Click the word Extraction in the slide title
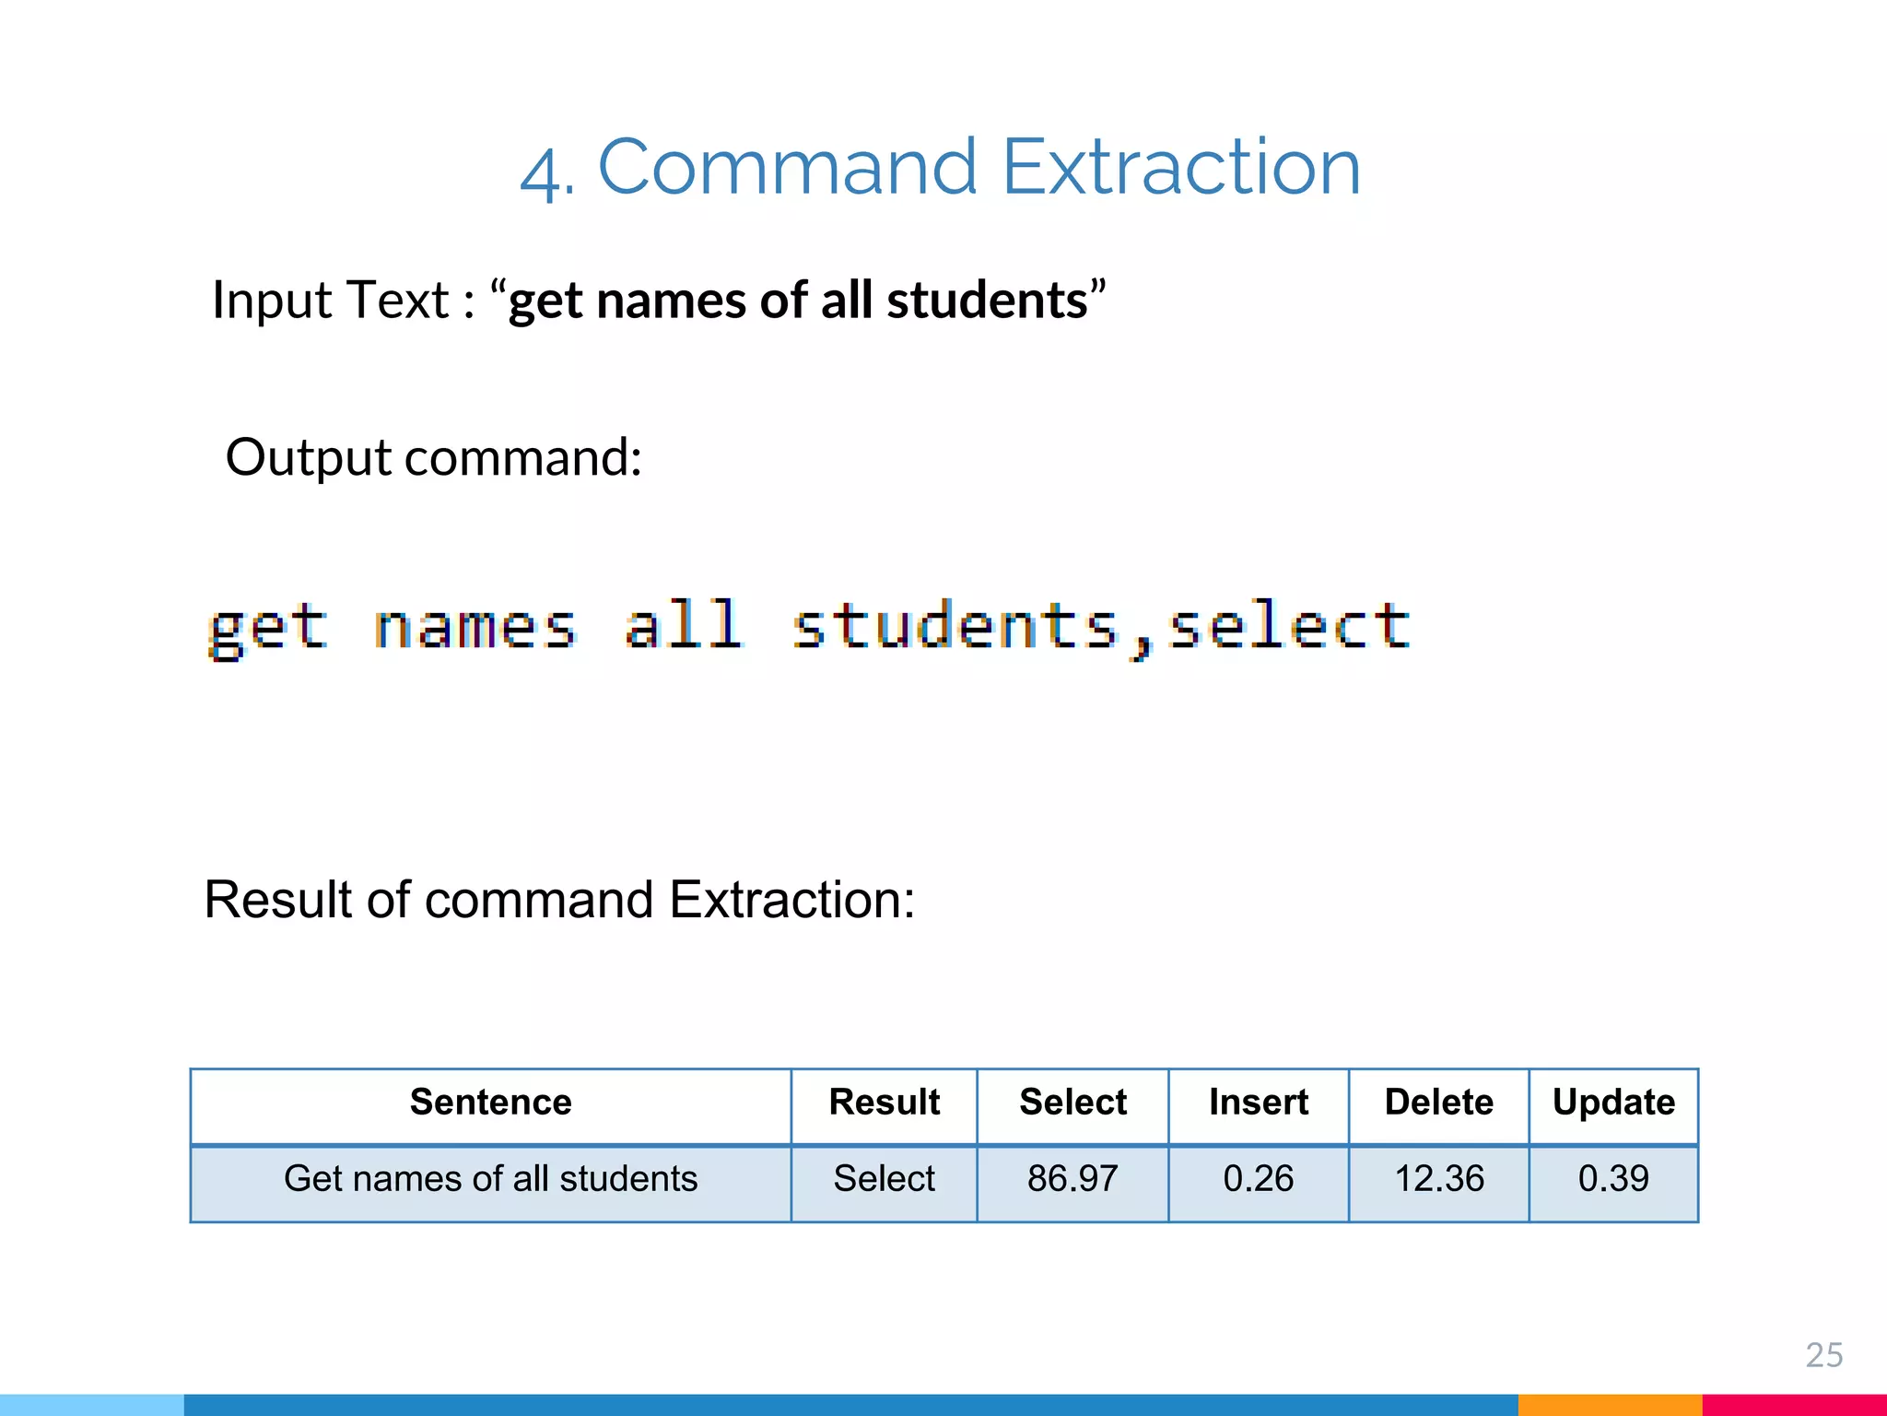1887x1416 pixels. pos(1180,167)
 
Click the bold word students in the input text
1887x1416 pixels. pos(987,301)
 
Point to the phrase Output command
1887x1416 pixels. pos(433,458)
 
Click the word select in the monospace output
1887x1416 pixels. pos(1288,627)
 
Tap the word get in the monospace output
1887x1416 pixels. pos(268,629)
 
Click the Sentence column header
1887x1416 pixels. pos(490,1103)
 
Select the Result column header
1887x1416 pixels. pos(884,1103)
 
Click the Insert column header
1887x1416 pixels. pos(1258,1103)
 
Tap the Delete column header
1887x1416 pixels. pos(1438,1103)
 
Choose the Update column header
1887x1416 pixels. pos(1613,1103)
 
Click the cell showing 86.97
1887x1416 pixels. pos(1072,1179)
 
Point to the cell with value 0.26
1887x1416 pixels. pos(1258,1179)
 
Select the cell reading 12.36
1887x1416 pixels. pos(1438,1179)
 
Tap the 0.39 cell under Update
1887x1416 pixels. pos(1613,1179)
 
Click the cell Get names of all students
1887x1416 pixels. pos(490,1179)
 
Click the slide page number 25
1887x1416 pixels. pos(1823,1355)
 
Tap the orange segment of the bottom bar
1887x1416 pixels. pos(1609,1405)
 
